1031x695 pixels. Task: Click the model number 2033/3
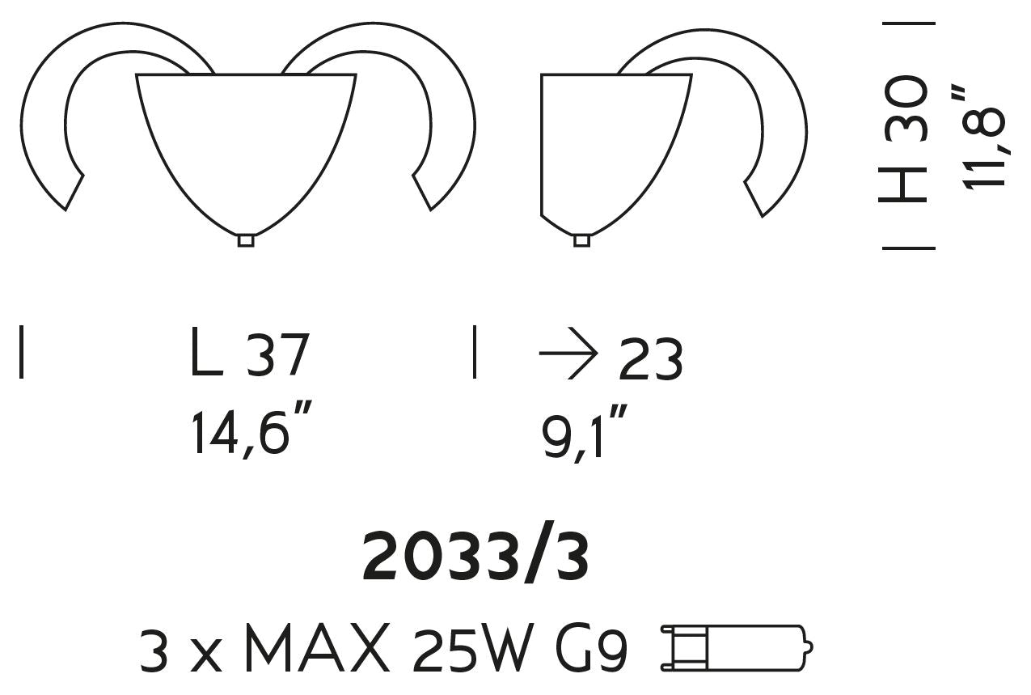[x=476, y=558]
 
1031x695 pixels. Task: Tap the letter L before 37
[x=207, y=351]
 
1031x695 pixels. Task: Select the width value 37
[x=277, y=354]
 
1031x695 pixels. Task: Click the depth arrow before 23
[x=568, y=354]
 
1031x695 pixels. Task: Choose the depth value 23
[x=650, y=358]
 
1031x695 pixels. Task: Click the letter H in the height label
[x=902, y=184]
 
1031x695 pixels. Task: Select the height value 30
[x=903, y=108]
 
